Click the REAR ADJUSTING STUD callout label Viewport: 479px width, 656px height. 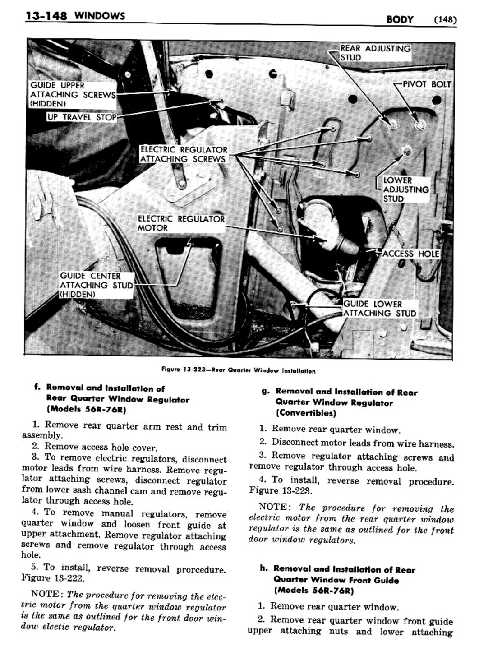click(375, 53)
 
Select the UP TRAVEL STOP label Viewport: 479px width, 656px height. click(82, 117)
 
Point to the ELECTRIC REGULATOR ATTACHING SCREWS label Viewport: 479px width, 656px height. click(183, 154)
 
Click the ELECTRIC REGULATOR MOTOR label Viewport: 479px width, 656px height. click(181, 223)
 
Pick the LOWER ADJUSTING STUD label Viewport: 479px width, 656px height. click(405, 189)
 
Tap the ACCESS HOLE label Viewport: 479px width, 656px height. click(410, 254)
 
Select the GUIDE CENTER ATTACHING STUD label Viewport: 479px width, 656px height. click(97, 285)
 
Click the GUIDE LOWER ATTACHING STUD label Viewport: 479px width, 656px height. click(379, 309)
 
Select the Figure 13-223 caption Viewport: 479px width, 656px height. click(239, 371)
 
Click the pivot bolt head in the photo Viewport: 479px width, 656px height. click(419, 125)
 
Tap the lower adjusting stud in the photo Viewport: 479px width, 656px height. click(407, 152)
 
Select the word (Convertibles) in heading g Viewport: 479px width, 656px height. click(305, 413)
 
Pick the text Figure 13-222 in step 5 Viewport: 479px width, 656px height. click(52, 578)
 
